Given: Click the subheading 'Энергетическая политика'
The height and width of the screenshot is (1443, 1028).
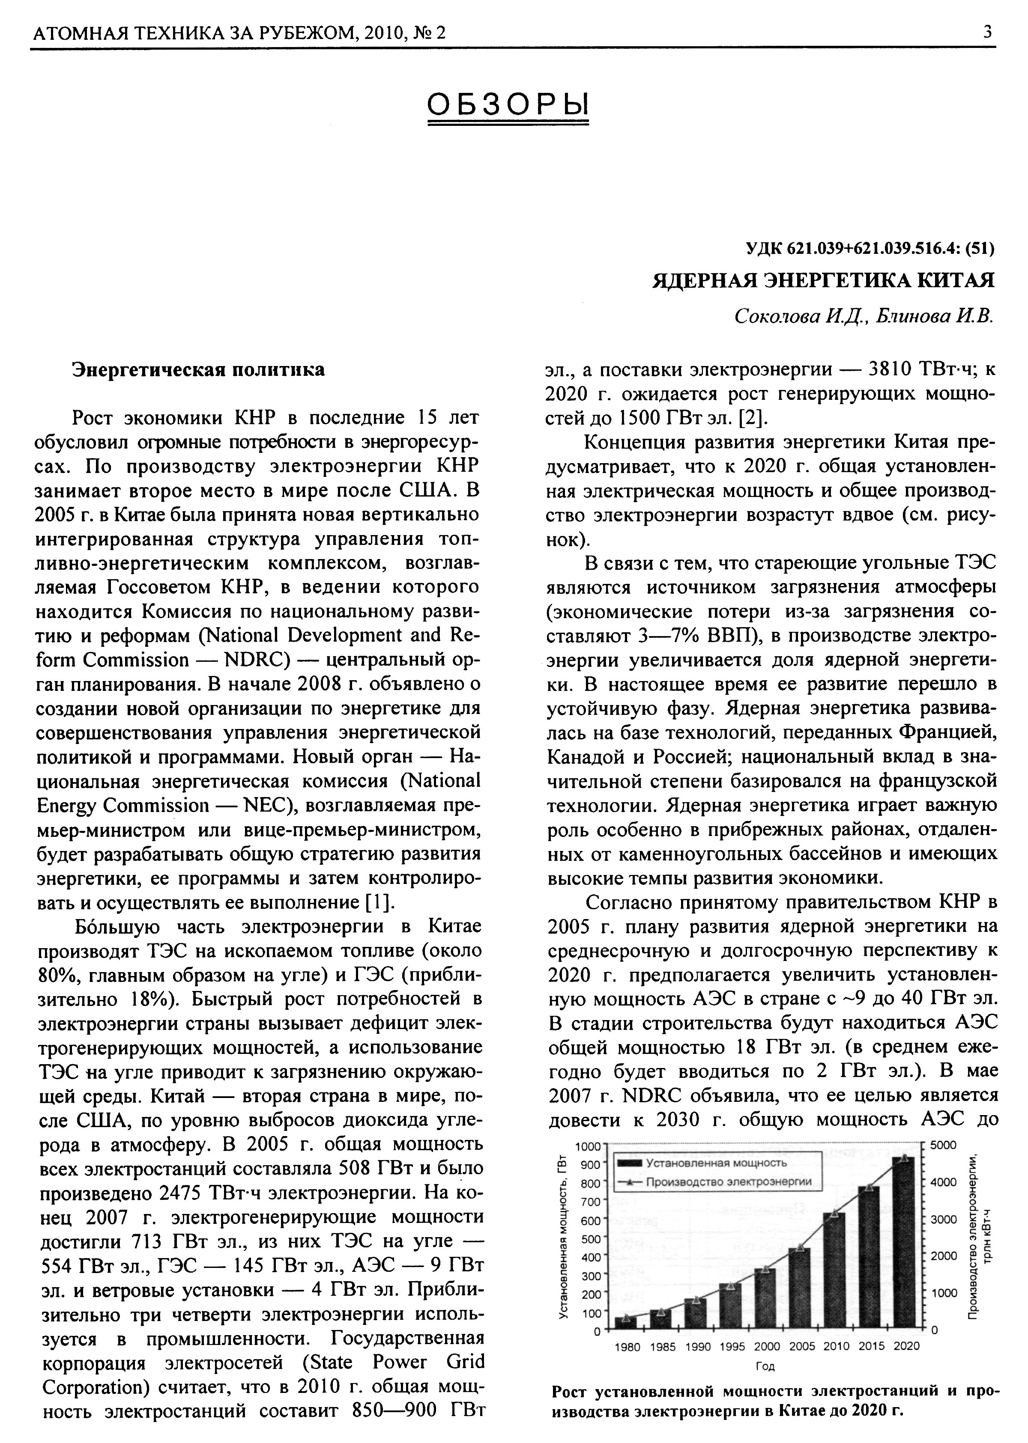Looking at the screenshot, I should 198,369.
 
